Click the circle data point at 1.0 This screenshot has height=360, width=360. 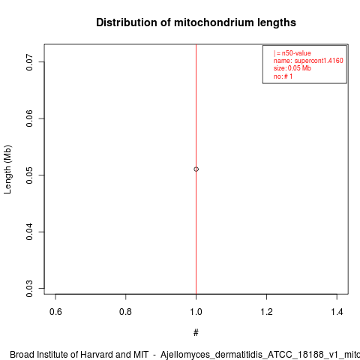click(196, 169)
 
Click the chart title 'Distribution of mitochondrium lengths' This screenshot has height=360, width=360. click(196, 22)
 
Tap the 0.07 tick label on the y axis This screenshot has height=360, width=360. click(29, 62)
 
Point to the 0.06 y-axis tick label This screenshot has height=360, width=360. click(29, 118)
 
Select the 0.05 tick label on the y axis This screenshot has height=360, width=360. click(29, 175)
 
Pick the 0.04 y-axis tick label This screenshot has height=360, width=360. click(29, 232)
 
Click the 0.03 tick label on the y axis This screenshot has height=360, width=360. click(29, 289)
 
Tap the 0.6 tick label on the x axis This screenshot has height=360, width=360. click(55, 312)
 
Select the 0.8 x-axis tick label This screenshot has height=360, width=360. click(126, 312)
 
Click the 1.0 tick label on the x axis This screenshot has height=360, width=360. click(196, 312)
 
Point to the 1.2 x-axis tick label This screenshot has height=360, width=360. click(266, 312)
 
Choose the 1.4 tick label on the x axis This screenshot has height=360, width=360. click(337, 312)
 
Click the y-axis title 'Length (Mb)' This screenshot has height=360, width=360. click(7, 169)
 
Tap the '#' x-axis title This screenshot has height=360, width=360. click(196, 333)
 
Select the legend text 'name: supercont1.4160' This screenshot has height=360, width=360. click(308, 61)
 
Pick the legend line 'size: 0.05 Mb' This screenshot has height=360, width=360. click(292, 68)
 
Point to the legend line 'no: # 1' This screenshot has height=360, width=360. click(283, 76)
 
